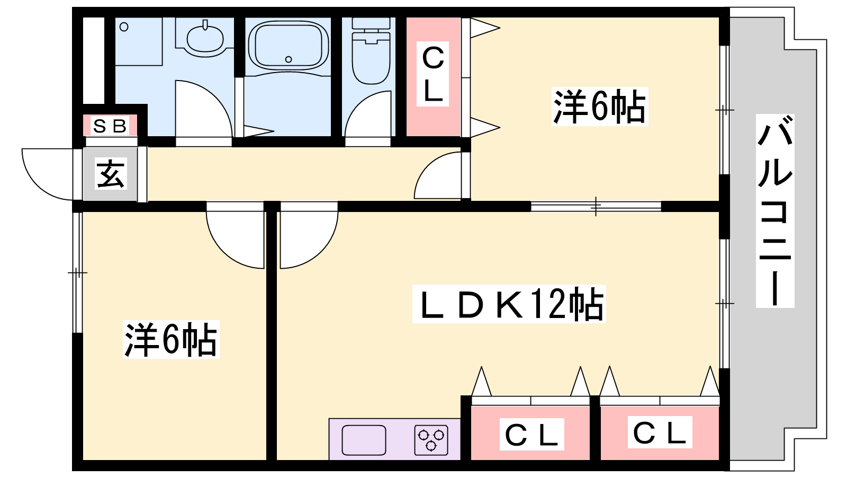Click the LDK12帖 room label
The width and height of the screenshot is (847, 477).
[509, 304]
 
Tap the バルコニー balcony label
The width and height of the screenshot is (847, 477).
[775, 210]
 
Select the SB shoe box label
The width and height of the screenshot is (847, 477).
[110, 126]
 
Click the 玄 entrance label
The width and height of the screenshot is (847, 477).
[111, 174]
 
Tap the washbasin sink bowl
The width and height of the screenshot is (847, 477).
[204, 39]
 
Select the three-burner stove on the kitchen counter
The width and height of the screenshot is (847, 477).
[431, 440]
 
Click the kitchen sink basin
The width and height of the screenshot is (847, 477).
[364, 440]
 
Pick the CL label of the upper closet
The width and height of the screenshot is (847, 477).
[432, 74]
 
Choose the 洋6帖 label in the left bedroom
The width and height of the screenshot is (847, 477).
[171, 339]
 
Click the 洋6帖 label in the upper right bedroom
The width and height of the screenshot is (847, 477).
[600, 107]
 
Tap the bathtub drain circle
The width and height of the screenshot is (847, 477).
[289, 59]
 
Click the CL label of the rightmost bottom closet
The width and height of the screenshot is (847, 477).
[660, 432]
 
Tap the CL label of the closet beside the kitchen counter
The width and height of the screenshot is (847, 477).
[531, 434]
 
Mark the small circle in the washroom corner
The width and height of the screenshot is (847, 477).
[124, 27]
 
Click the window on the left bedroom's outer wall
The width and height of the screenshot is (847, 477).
[77, 272]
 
